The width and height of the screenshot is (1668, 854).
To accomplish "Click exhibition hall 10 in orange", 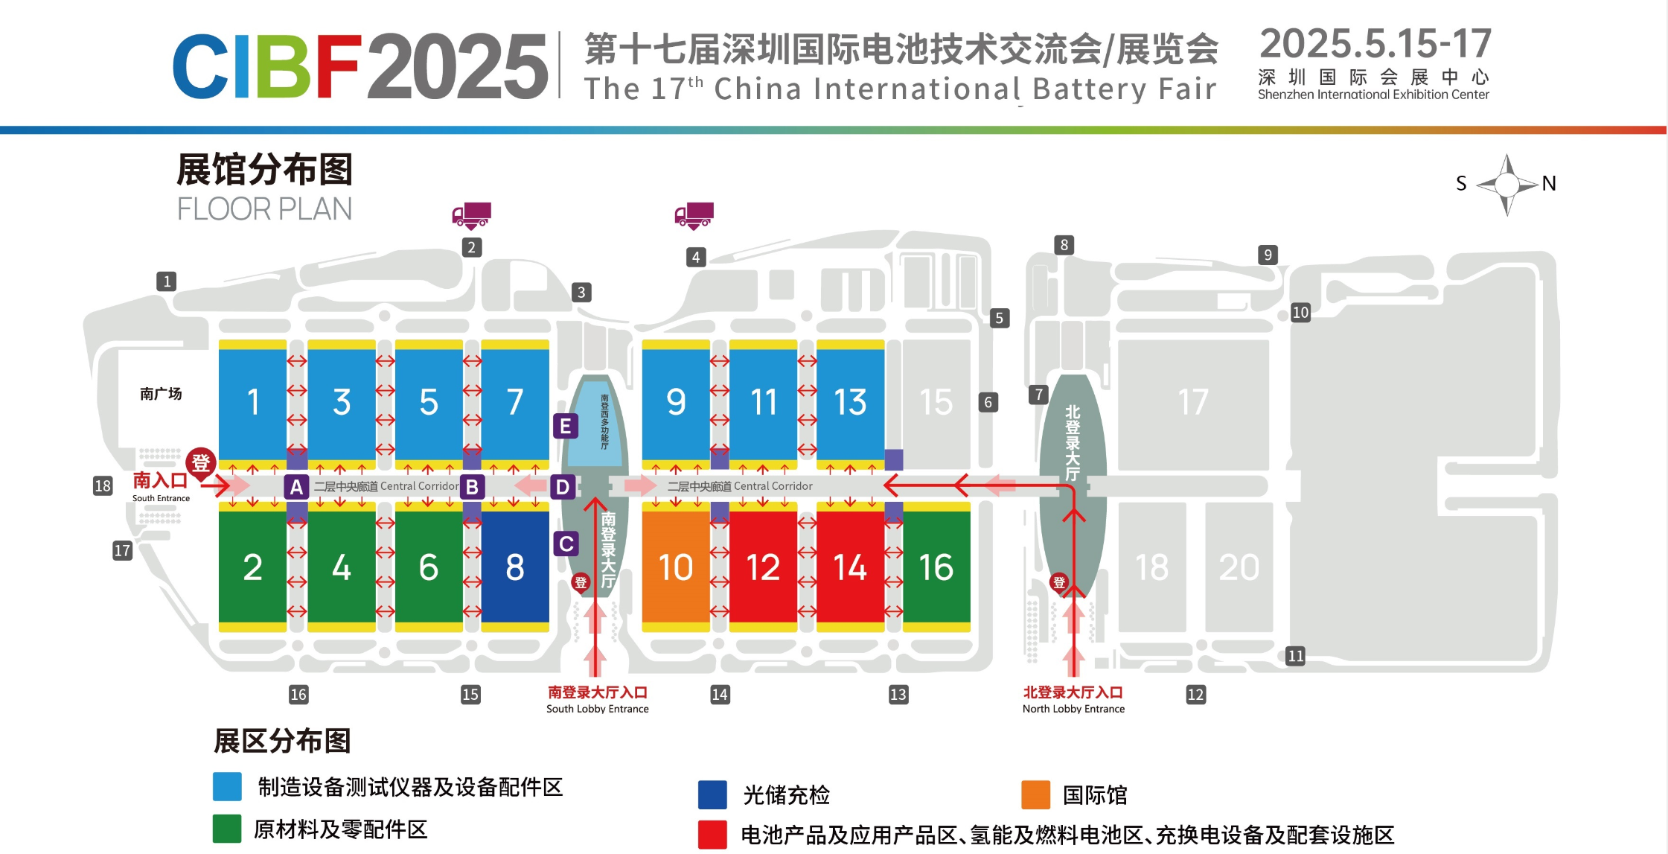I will click(x=675, y=567).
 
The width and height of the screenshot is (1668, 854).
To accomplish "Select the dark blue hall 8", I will click(x=515, y=567).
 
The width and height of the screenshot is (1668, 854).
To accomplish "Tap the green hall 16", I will click(x=936, y=567).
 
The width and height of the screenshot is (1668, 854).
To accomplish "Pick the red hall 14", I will click(x=850, y=567).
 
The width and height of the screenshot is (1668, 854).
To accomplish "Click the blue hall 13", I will click(x=850, y=401).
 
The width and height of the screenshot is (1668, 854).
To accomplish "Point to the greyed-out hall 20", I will click(x=1239, y=567).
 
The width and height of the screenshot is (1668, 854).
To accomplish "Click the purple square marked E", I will click(x=566, y=426).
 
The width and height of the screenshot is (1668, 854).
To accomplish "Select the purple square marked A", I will click(x=296, y=487).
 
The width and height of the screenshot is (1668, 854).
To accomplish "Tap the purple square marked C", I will click(x=566, y=544).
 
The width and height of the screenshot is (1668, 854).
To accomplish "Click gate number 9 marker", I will click(x=1268, y=255).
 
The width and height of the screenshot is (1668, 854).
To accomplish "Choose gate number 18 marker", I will click(x=103, y=486).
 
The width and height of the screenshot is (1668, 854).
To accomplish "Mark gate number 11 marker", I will click(x=1295, y=656).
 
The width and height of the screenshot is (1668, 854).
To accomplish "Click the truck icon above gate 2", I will click(x=471, y=215).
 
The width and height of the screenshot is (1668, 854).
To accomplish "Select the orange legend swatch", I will click(x=1035, y=794).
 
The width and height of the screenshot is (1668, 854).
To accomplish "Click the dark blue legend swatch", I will click(x=712, y=794).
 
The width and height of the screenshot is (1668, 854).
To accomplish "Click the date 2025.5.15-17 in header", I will click(x=1375, y=44).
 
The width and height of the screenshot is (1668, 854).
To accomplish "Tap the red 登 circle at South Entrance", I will click(x=200, y=462).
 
